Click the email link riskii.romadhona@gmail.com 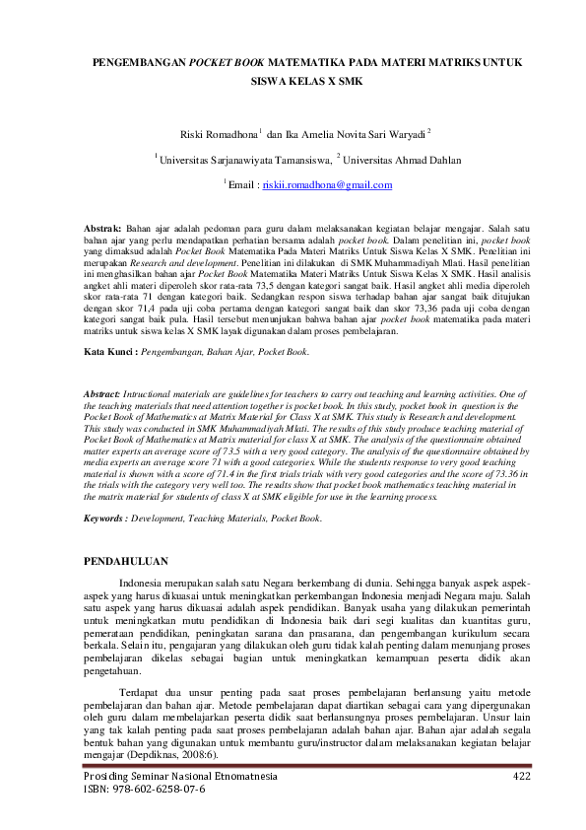tap(327, 184)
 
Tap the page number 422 tap(522, 776)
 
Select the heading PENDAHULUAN tap(125, 562)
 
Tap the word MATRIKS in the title tap(422, 62)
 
